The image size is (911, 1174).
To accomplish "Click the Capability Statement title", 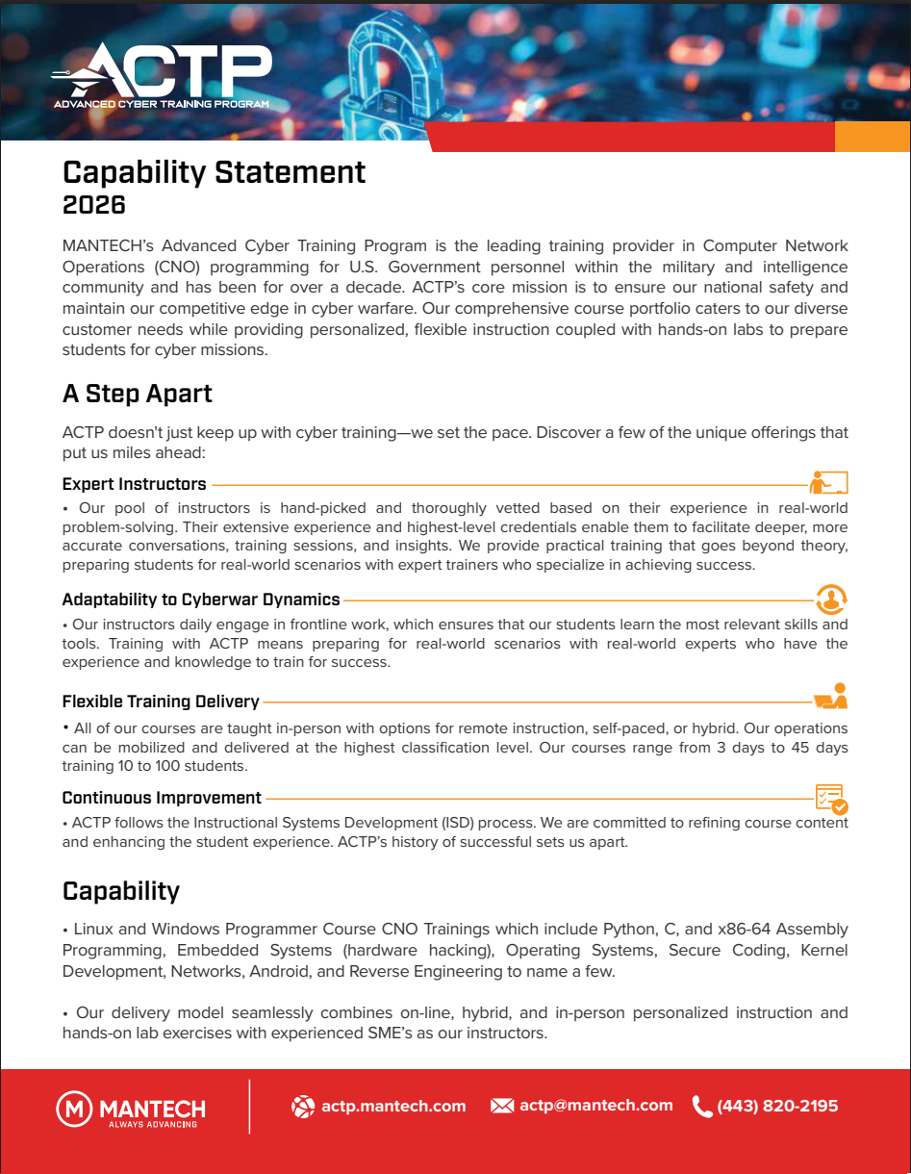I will click(214, 172).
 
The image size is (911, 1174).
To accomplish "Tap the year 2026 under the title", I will click(94, 205).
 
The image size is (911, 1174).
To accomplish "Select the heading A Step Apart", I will click(138, 394).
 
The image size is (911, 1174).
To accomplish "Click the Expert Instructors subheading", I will click(134, 484).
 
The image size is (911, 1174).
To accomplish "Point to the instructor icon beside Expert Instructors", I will click(828, 481).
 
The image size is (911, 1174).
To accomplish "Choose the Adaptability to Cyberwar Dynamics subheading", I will click(201, 600).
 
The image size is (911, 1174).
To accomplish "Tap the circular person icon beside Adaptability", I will click(830, 599).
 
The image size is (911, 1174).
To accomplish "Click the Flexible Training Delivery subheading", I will click(161, 702).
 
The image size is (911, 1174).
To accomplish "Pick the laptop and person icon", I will click(830, 696).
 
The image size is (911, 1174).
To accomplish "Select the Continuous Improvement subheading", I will click(162, 798).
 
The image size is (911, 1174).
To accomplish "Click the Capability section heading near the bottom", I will click(121, 891).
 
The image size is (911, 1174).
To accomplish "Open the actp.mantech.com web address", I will click(392, 1107).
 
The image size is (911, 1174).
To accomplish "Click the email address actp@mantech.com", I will click(595, 1106).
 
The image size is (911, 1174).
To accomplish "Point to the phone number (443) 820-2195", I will click(777, 1107).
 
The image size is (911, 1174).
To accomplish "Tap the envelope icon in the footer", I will click(502, 1107).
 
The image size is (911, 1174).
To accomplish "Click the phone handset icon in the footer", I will click(702, 1107).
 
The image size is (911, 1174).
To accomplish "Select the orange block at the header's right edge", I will click(872, 137).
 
